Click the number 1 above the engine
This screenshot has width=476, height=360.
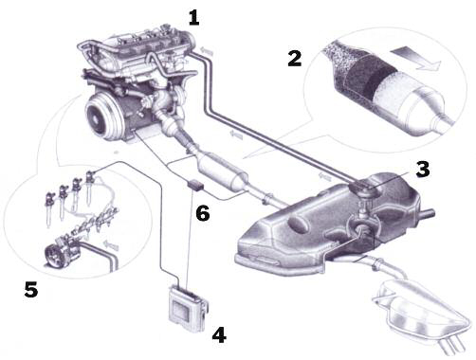[x=194, y=18]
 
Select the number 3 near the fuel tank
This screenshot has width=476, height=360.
[x=423, y=171]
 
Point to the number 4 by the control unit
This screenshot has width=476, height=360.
[x=219, y=333]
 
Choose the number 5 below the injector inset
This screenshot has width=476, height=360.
[x=31, y=289]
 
